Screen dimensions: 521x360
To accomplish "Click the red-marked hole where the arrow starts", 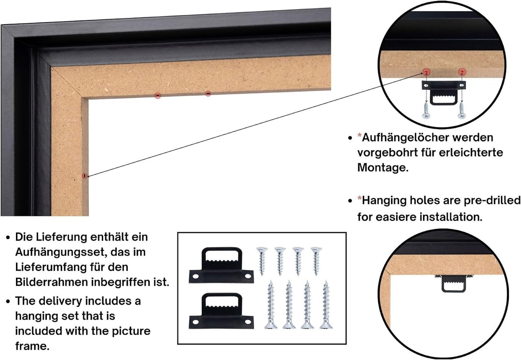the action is (85, 175).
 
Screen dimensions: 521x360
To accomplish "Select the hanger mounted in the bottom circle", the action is (453, 283).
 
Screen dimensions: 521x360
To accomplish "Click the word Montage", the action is (383, 167).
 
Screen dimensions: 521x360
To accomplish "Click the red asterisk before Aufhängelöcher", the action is (359, 135).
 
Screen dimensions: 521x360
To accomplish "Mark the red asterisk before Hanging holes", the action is (359, 199).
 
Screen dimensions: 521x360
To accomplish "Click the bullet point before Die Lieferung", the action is (8, 238).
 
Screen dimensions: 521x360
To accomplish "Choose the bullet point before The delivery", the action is (8, 302).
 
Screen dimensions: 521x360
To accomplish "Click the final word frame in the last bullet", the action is (32, 347).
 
